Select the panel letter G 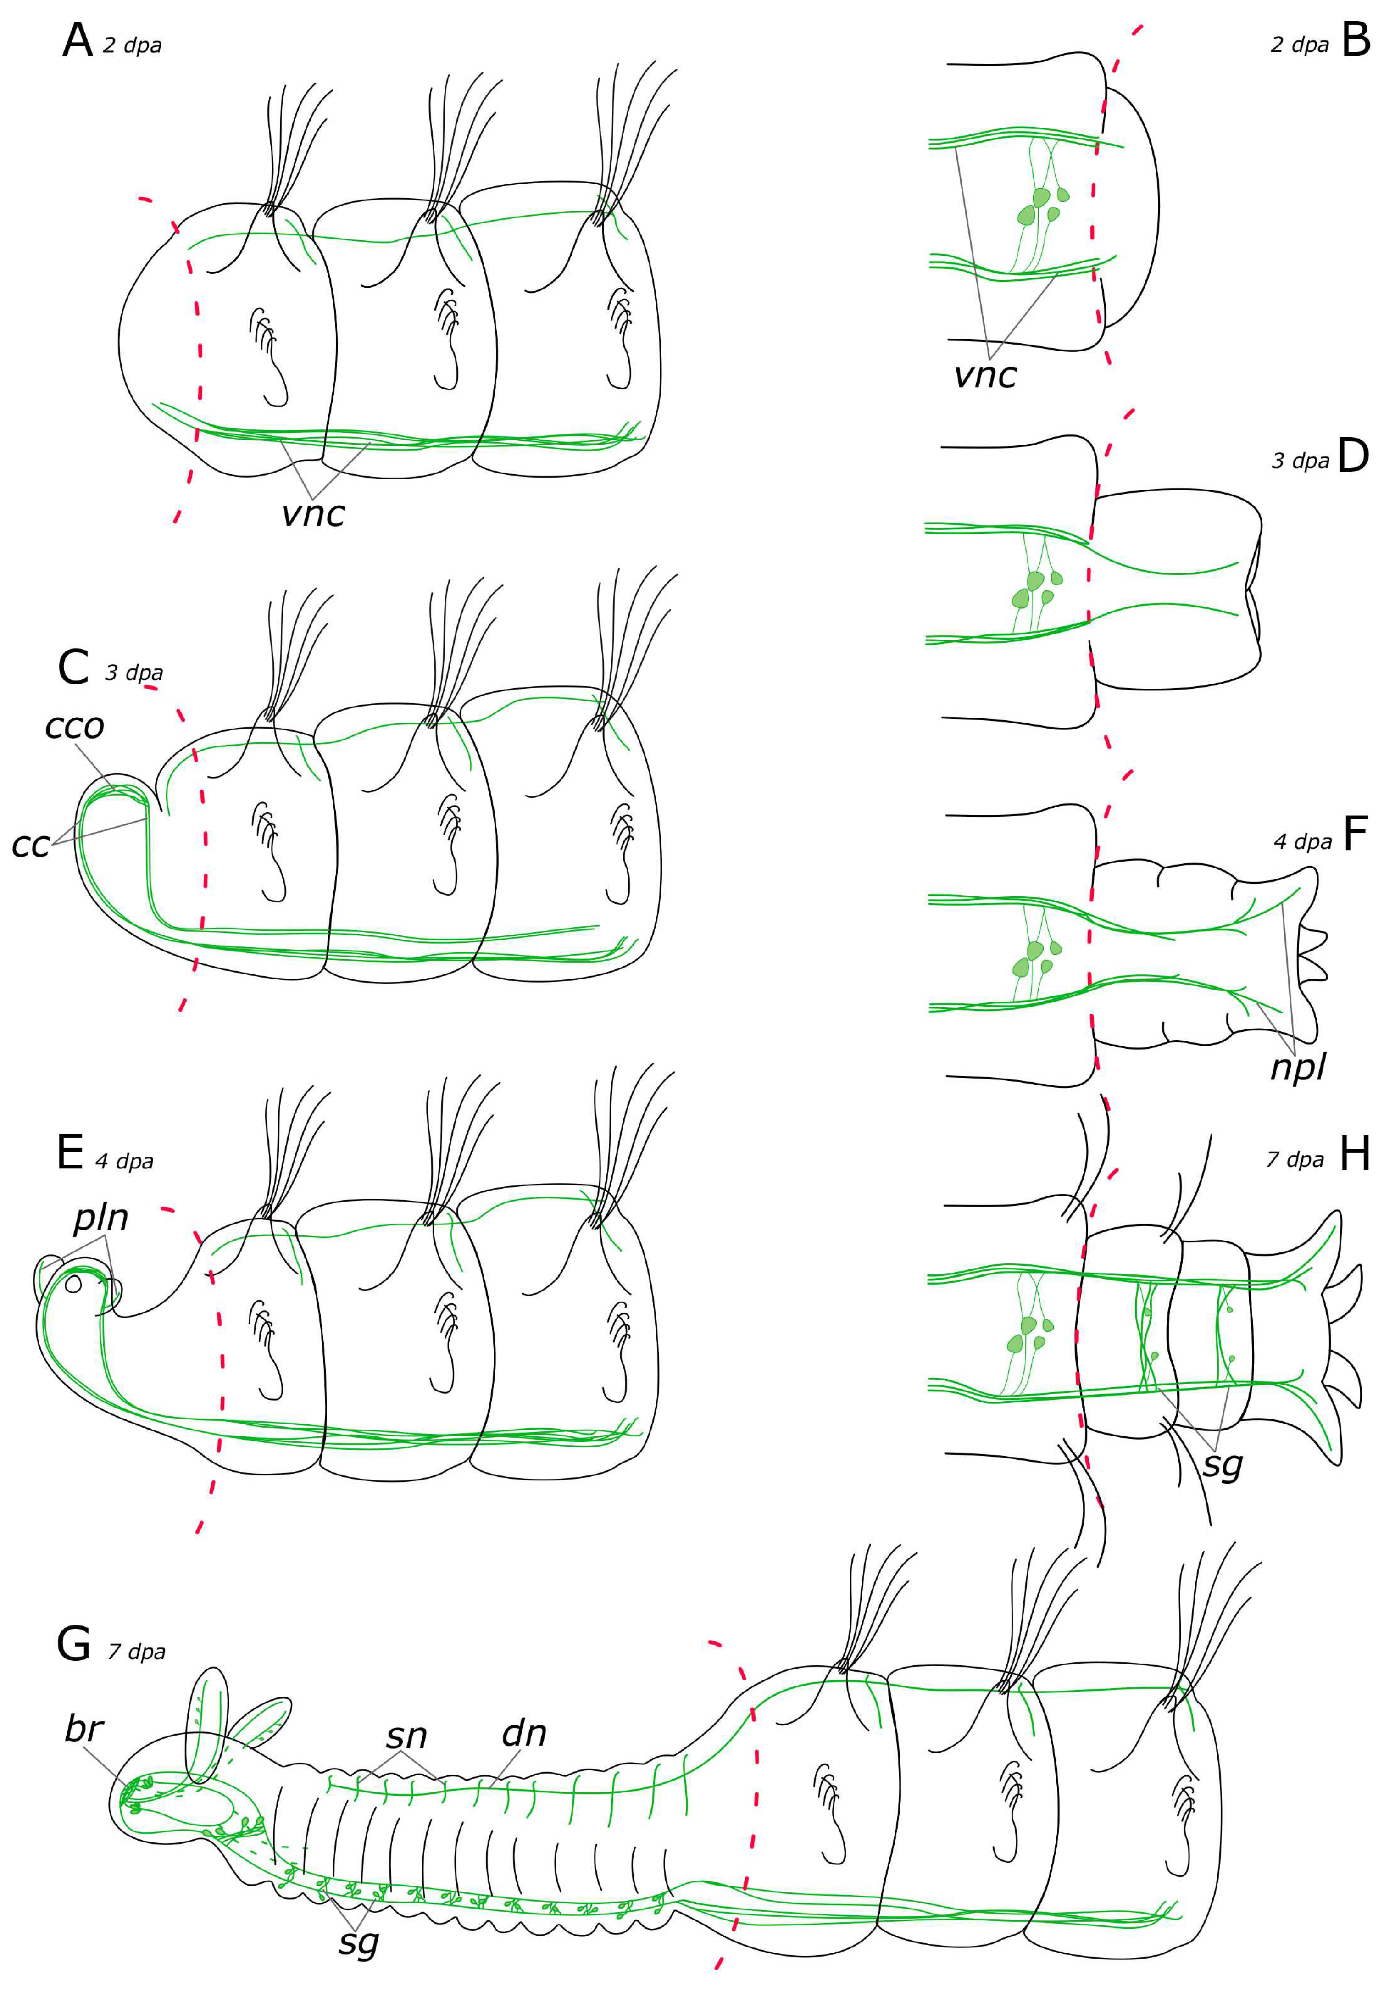(x=74, y=1643)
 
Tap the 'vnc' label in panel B (x=985, y=375)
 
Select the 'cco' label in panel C (x=75, y=726)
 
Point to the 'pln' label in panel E (x=100, y=1218)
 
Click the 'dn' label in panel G (x=524, y=1733)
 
